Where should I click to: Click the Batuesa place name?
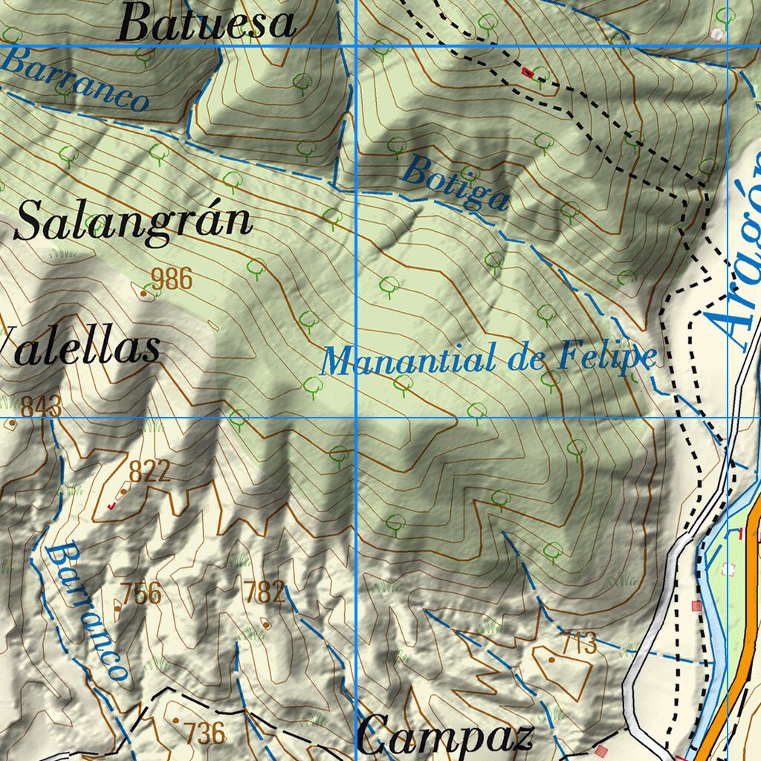pos(207,23)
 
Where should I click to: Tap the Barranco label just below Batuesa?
pos(75,79)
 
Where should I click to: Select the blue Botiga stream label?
pos(456,184)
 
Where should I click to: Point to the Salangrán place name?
pos(133,221)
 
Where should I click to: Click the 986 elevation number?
pos(171,279)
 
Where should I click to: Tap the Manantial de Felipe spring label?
pos(489,360)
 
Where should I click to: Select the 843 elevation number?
pos(41,407)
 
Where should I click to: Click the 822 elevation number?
pos(149,471)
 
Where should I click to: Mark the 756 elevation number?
pos(141,593)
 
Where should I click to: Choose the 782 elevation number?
pos(264,592)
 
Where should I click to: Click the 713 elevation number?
pos(578,643)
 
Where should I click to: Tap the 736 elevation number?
pos(205,733)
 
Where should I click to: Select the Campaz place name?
pos(445,737)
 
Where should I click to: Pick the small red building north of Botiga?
pos(528,72)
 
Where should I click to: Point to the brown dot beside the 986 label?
pos(143,293)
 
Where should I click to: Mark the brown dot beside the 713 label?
pos(551,658)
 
